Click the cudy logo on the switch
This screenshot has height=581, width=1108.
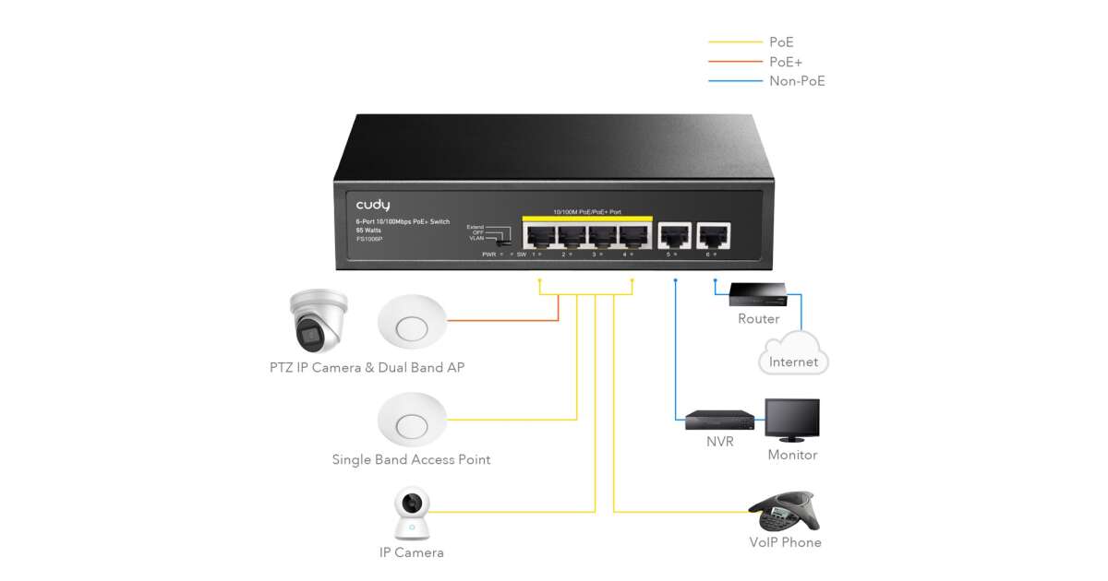click(x=373, y=205)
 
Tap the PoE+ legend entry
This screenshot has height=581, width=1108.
click(x=786, y=62)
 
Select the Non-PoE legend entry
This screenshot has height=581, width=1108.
click(x=797, y=81)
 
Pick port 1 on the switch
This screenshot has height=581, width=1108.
click(x=538, y=236)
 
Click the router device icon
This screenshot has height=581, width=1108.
click(x=758, y=294)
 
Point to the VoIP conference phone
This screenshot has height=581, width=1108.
click(x=783, y=510)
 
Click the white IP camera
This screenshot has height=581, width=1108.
click(x=411, y=512)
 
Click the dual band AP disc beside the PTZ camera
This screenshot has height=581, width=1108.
click(x=411, y=324)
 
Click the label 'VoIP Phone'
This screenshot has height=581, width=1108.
click(x=785, y=542)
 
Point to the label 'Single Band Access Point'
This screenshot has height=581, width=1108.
click(x=411, y=459)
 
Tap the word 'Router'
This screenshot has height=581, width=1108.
click(x=758, y=319)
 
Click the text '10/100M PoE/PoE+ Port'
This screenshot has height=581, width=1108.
click(x=587, y=212)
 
